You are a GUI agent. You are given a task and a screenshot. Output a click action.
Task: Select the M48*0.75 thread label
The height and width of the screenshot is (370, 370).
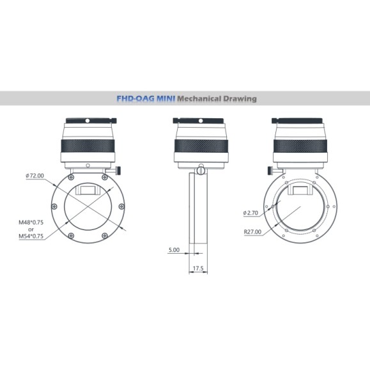click(31, 223)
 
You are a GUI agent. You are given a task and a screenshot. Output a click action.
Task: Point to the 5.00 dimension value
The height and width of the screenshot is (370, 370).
click(174, 250)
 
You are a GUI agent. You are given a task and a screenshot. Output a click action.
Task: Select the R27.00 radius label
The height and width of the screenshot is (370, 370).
click(252, 232)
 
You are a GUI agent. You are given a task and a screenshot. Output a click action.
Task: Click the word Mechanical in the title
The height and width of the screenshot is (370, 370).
click(198, 99)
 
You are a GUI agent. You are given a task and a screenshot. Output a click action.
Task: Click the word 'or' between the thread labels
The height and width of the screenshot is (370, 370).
click(30, 229)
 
